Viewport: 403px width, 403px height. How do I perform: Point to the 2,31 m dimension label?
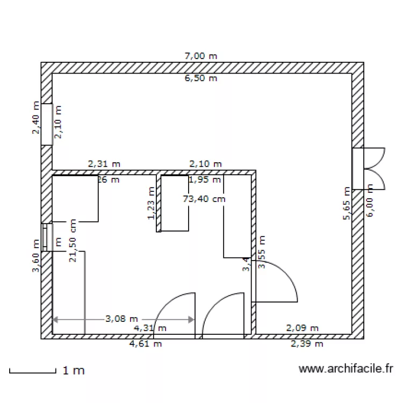click(104, 163)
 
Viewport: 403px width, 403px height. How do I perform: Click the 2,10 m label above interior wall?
click(205, 163)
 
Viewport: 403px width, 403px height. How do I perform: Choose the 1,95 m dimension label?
click(205, 179)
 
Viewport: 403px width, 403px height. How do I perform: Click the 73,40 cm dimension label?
click(204, 199)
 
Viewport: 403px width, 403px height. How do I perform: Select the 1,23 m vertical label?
click(152, 203)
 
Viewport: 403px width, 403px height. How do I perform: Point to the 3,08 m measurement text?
click(121, 319)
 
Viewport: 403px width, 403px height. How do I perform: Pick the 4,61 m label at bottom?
click(146, 344)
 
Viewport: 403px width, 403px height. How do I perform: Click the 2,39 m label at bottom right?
click(307, 344)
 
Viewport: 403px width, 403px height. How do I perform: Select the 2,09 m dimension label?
click(302, 328)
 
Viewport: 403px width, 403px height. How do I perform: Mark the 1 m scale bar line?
click(32, 371)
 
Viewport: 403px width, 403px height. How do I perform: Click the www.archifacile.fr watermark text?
click(346, 369)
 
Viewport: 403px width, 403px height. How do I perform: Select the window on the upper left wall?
click(47, 125)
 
